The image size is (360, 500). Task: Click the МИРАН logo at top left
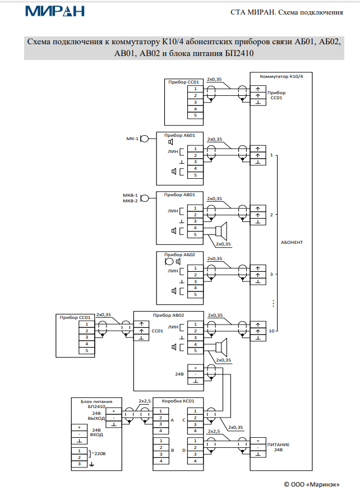55,11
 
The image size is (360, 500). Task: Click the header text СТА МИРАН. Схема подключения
287,12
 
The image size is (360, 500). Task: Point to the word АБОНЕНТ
292,242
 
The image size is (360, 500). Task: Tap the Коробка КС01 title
178,401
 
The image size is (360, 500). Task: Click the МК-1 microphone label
132,138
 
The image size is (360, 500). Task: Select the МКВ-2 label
131,200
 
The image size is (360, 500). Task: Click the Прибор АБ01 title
179,135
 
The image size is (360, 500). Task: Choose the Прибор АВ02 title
179,315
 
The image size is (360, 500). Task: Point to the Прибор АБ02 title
179,254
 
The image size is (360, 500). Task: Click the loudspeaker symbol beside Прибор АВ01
221,231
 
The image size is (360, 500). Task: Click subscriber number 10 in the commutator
271,331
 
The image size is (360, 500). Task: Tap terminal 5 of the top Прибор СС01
195,115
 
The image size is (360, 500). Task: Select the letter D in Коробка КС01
183,450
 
